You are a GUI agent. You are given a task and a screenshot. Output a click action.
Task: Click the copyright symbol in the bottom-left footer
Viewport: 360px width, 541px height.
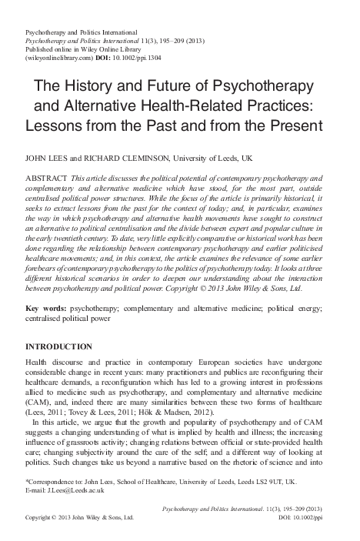click(58, 529)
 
